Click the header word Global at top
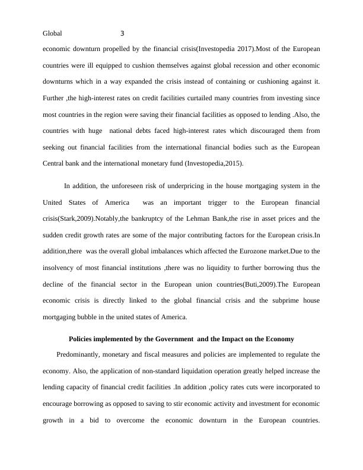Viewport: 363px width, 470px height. (x=53, y=34)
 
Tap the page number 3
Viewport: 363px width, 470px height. (x=122, y=34)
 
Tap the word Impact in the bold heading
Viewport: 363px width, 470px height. (x=230, y=339)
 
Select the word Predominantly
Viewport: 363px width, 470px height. (x=82, y=355)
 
